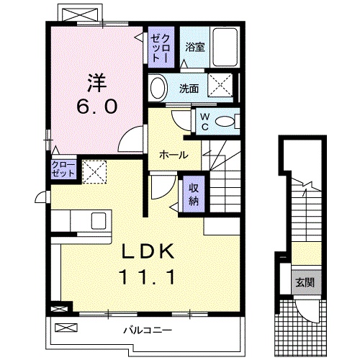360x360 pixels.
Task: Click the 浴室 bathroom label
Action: (x=194, y=48)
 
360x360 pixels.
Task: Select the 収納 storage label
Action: (x=194, y=193)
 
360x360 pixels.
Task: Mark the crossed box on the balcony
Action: (x=66, y=328)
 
